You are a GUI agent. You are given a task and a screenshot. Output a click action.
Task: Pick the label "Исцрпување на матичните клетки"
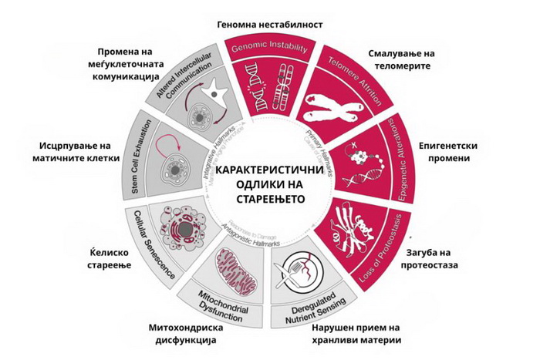click(76, 153)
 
